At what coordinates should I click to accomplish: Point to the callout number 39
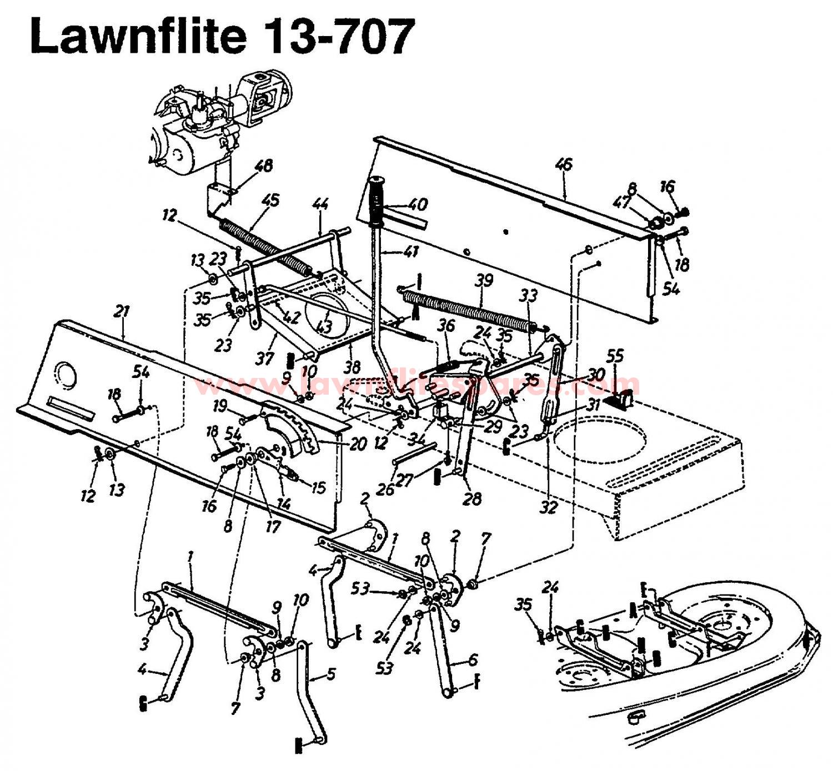(484, 280)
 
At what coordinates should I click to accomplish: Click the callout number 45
(272, 200)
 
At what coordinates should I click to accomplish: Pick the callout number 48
(264, 166)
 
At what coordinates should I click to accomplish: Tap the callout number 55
(615, 356)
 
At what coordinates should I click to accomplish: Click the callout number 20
(358, 444)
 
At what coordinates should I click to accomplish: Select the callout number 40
(417, 204)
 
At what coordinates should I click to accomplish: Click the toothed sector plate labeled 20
(289, 428)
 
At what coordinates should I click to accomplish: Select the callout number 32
(548, 507)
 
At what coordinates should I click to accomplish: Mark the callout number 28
(472, 498)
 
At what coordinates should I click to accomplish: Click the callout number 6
(473, 659)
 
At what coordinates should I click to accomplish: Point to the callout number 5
(330, 674)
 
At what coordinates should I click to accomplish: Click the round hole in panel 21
(66, 373)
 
